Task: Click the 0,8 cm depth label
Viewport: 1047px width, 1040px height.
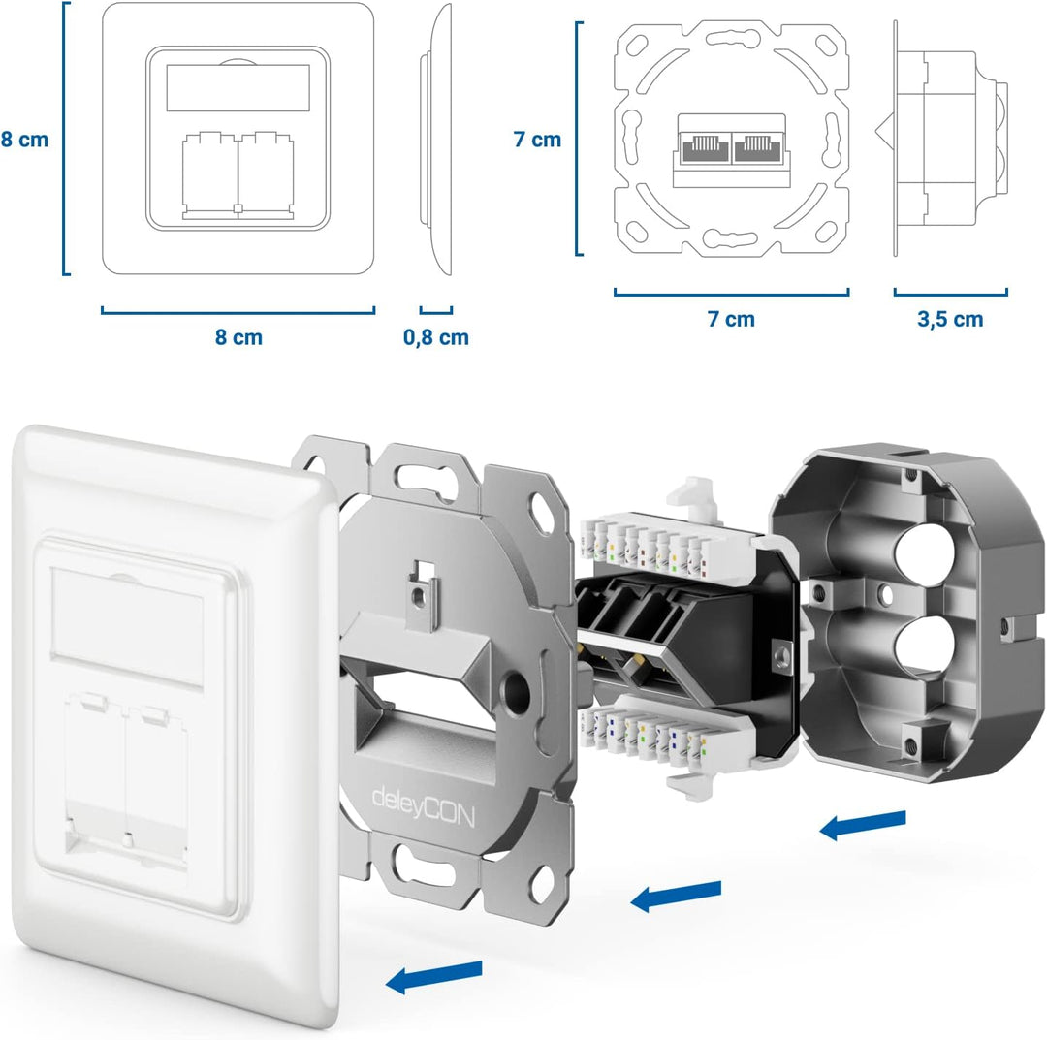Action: [x=435, y=337]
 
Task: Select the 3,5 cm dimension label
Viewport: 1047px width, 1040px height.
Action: [x=950, y=319]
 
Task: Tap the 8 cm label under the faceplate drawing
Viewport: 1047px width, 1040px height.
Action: [x=238, y=337]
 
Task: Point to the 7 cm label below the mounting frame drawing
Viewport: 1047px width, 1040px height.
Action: [x=731, y=319]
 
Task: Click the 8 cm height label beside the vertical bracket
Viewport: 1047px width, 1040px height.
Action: [x=24, y=140]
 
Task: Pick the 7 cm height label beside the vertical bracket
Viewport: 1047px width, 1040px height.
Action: [x=537, y=140]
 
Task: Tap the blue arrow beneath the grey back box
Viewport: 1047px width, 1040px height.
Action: [x=863, y=825]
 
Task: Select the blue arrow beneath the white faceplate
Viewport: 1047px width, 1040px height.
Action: [x=434, y=976]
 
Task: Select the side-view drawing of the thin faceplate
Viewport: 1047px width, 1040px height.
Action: [x=436, y=141]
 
